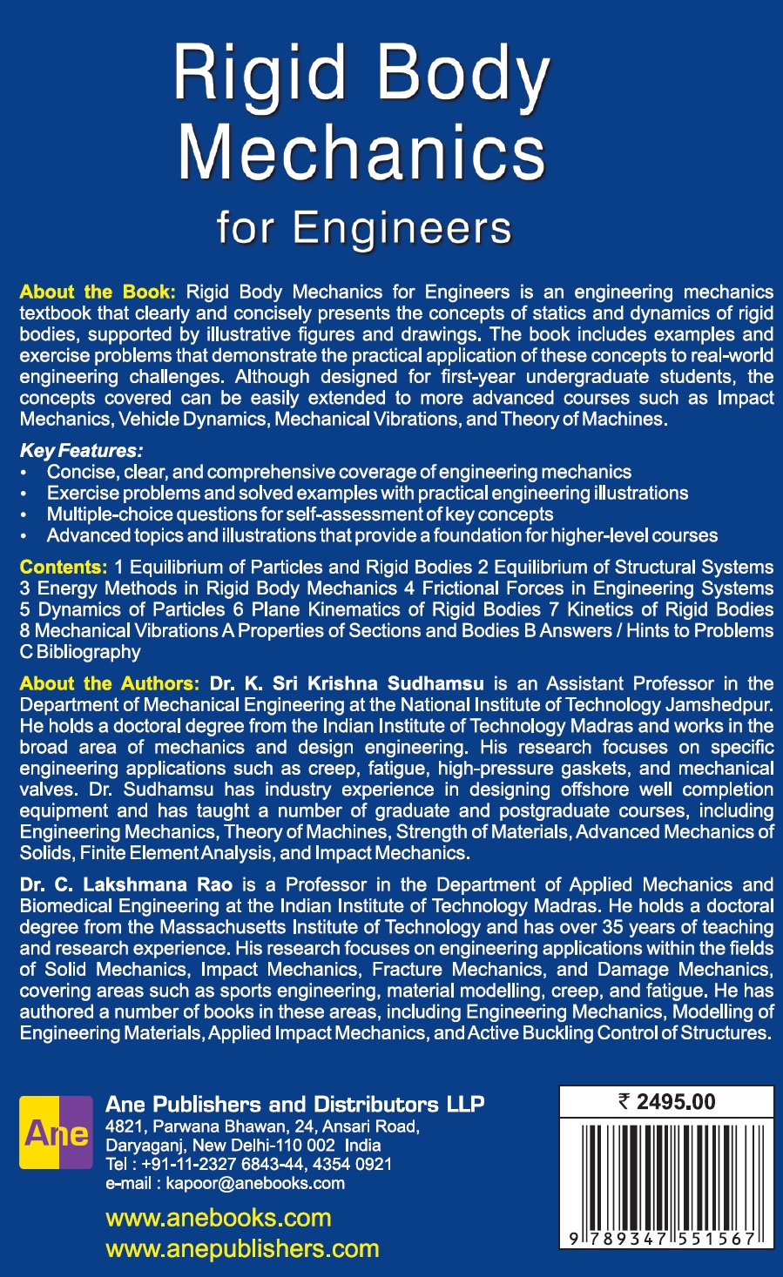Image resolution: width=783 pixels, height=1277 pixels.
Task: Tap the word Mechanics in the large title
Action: [361, 153]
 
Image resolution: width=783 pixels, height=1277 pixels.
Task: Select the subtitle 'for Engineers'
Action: [364, 228]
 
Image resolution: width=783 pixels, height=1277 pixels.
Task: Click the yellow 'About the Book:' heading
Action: [98, 292]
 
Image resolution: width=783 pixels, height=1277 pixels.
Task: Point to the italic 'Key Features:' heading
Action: [81, 451]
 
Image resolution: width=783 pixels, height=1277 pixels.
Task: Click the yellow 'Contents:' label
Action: [64, 568]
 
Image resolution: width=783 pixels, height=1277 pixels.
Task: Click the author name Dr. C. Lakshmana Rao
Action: [126, 885]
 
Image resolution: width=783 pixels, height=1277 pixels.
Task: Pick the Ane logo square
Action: [57, 1132]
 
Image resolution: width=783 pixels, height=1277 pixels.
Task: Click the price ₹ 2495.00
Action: [666, 1102]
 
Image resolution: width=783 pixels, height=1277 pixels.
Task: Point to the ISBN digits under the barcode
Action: [666, 1239]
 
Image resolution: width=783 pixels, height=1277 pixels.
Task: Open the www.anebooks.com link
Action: [219, 1218]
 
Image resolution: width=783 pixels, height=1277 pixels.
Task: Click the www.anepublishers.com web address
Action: [242, 1249]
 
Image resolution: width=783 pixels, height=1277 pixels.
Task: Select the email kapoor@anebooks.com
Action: [225, 1184]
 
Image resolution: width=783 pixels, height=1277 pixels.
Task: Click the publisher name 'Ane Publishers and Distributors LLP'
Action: [294, 1105]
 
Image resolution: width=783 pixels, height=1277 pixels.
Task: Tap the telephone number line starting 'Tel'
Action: [248, 1165]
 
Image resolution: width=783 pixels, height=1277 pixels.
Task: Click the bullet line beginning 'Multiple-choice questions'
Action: [300, 514]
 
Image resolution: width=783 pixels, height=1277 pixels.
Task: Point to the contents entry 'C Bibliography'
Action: [80, 652]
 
